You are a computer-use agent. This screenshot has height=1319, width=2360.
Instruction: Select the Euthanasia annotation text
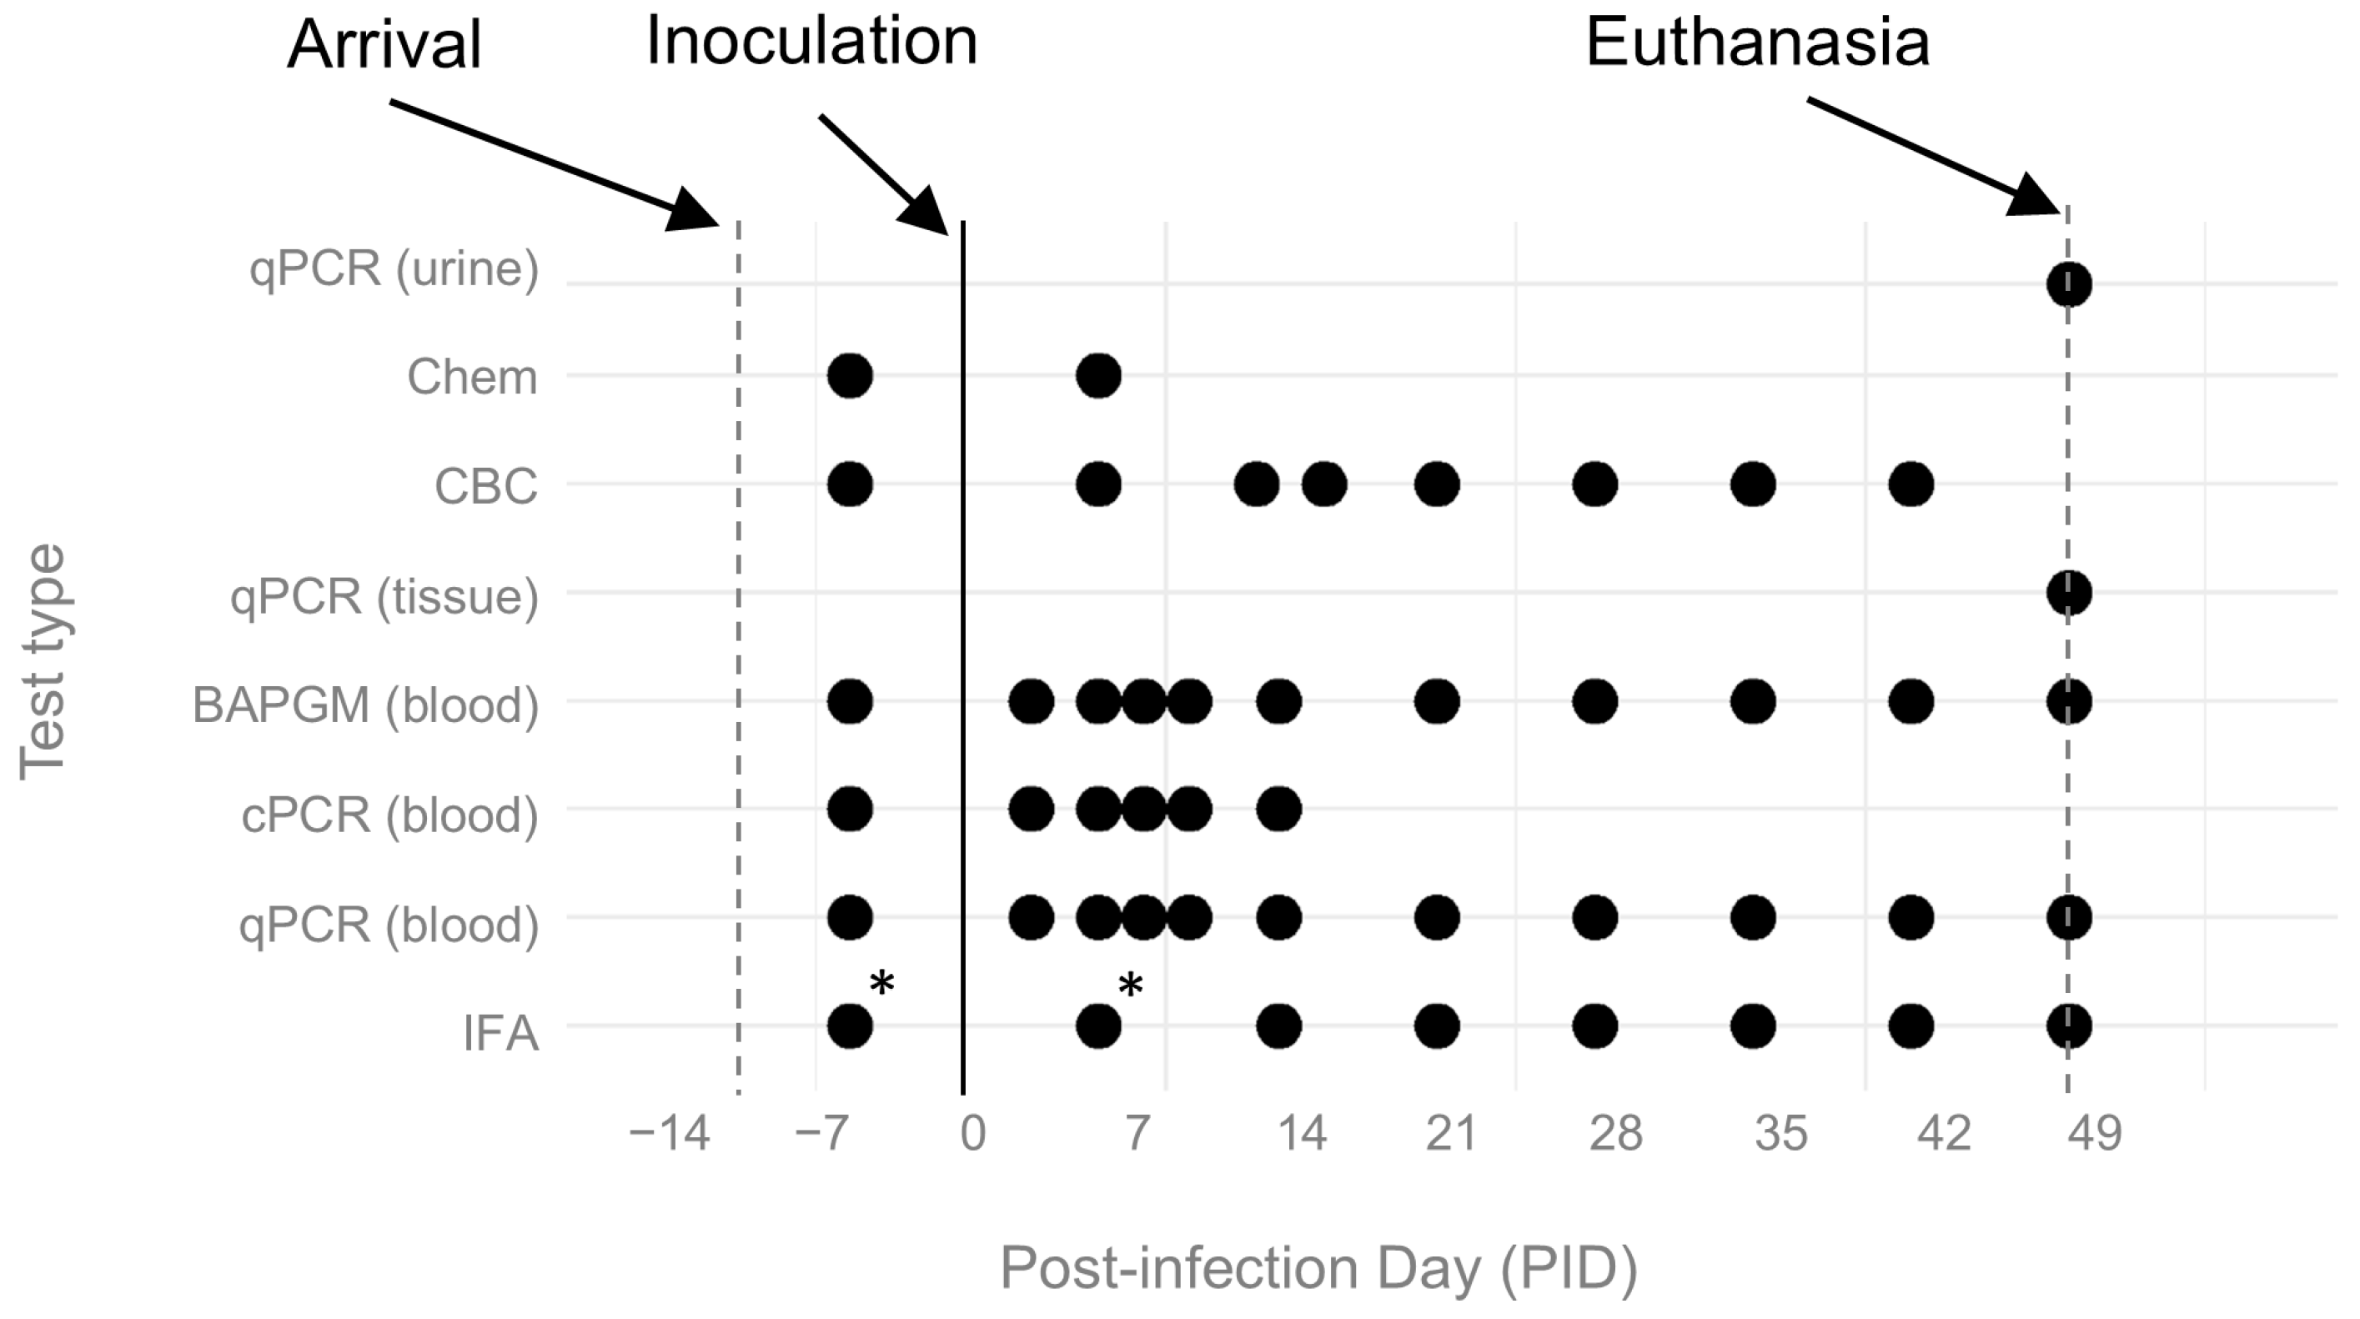pos(1757,43)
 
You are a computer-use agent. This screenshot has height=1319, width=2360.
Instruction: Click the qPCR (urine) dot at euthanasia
pos(2069,284)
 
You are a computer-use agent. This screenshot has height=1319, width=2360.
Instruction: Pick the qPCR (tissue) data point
pos(2069,593)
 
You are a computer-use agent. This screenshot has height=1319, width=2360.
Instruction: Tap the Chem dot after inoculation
pos(1098,375)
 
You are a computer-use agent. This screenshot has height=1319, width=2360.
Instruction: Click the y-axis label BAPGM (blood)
pos(364,705)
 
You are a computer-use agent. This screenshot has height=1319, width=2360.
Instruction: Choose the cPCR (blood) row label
pos(389,815)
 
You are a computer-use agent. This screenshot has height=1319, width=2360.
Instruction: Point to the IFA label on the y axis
pos(500,1032)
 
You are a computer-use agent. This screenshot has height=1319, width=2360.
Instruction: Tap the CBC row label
pos(485,486)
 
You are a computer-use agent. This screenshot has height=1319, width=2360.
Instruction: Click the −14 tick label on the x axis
pos(669,1134)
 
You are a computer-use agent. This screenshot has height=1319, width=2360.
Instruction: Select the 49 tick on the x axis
pos(2094,1134)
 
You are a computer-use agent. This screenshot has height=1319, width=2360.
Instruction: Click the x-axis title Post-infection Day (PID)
pos(1318,1269)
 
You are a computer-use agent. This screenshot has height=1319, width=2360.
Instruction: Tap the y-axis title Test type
pos(43,661)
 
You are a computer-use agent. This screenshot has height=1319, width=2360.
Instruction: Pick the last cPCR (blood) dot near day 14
pos(1278,809)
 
